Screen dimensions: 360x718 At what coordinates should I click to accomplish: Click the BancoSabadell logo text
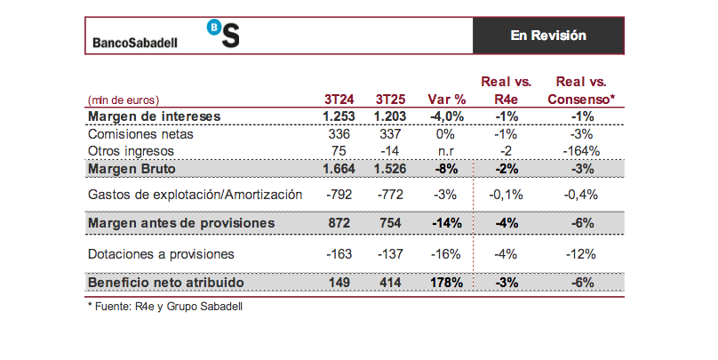click(x=148, y=42)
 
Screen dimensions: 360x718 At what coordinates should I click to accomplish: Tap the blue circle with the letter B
click(x=216, y=27)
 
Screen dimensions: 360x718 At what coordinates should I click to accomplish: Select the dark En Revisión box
click(x=547, y=36)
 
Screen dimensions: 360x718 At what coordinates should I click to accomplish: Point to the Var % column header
click(x=446, y=100)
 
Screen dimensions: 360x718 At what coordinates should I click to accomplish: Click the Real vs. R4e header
click(x=506, y=91)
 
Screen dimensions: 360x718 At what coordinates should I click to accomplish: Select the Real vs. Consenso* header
click(x=582, y=91)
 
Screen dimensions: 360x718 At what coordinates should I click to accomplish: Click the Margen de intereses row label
click(x=154, y=116)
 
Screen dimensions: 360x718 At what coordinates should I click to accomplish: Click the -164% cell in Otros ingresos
click(x=582, y=151)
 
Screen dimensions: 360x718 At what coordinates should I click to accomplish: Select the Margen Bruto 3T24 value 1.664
click(x=339, y=169)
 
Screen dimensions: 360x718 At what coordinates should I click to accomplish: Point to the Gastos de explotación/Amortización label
click(x=195, y=194)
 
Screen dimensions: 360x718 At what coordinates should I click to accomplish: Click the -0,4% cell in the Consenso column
click(x=582, y=194)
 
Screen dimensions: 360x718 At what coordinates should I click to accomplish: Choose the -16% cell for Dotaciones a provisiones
click(x=446, y=254)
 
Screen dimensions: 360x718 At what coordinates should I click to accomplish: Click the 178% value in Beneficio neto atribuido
click(x=446, y=283)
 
